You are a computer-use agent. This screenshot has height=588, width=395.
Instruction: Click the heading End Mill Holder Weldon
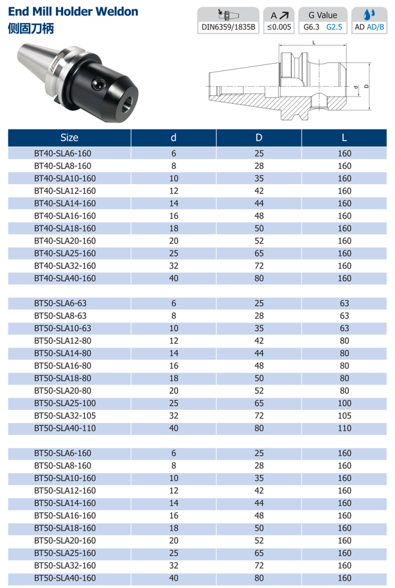pos(73,12)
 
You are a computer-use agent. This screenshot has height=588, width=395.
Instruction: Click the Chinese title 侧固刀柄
pos(31,29)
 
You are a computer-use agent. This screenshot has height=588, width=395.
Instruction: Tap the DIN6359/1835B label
pos(229,27)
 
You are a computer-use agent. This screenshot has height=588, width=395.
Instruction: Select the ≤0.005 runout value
pos(279,27)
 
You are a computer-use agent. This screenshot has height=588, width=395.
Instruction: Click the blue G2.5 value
pos(335,27)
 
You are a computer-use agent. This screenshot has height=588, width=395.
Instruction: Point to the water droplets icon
pos(370,14)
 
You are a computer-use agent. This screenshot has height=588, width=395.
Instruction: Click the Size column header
pos(69,137)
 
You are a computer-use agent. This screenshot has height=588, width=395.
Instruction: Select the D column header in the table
pos(259,137)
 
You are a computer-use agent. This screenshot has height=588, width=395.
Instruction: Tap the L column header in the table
pos(344,137)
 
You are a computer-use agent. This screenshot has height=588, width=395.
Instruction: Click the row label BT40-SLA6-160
pos(62,153)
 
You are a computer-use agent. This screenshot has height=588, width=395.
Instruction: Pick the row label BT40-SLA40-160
pos(64,279)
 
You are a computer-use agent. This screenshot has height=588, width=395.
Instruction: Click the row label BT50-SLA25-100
pos(64,403)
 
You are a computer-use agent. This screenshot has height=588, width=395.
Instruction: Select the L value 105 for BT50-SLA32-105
pos(344,415)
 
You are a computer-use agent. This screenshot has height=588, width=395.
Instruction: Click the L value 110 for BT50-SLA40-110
pos(344,428)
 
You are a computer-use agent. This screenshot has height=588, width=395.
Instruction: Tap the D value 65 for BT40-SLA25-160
pos(259,253)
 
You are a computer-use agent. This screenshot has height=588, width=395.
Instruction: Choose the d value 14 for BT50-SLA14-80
pos(174,353)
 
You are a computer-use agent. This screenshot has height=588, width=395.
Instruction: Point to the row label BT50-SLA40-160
pos(64,578)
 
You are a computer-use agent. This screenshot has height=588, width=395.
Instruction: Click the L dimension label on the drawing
pos(314,42)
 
